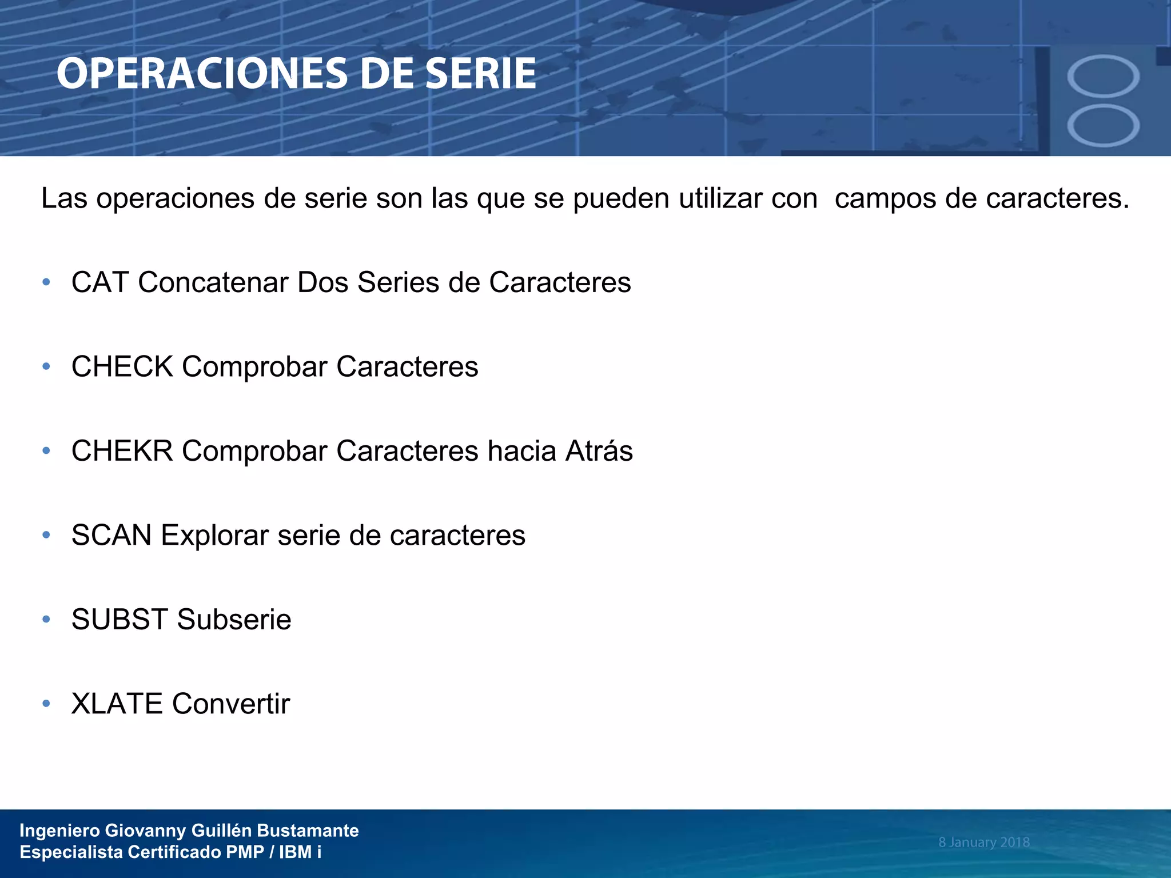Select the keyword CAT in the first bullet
click(x=100, y=282)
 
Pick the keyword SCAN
click(x=111, y=536)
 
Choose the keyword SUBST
click(x=120, y=620)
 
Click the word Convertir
click(x=231, y=704)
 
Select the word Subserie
click(x=234, y=620)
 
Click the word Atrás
click(x=599, y=451)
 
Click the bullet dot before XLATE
click(x=46, y=704)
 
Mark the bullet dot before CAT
click(x=46, y=282)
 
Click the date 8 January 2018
click(x=983, y=842)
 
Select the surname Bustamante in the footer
click(x=308, y=831)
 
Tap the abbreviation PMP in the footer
click(x=245, y=852)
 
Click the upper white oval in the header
click(x=1103, y=77)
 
